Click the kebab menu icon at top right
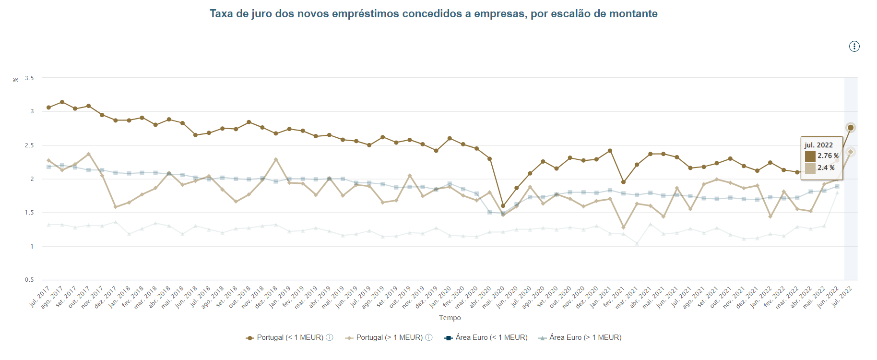854,47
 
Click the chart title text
433,14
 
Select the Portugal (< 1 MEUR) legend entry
290,337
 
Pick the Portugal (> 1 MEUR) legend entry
389,337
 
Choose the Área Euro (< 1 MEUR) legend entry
491,337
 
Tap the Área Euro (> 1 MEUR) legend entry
585,337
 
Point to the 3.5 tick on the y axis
29,78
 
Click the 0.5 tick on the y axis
29,280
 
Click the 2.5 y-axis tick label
29,145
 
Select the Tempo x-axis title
450,318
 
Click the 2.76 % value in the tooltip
828,156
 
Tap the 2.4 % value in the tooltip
826,168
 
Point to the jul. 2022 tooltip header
818,145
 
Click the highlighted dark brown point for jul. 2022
851,128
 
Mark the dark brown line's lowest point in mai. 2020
503,206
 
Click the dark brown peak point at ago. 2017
62,102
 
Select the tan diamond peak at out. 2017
89,154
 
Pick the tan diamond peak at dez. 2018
276,159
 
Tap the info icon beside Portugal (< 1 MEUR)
330,337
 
